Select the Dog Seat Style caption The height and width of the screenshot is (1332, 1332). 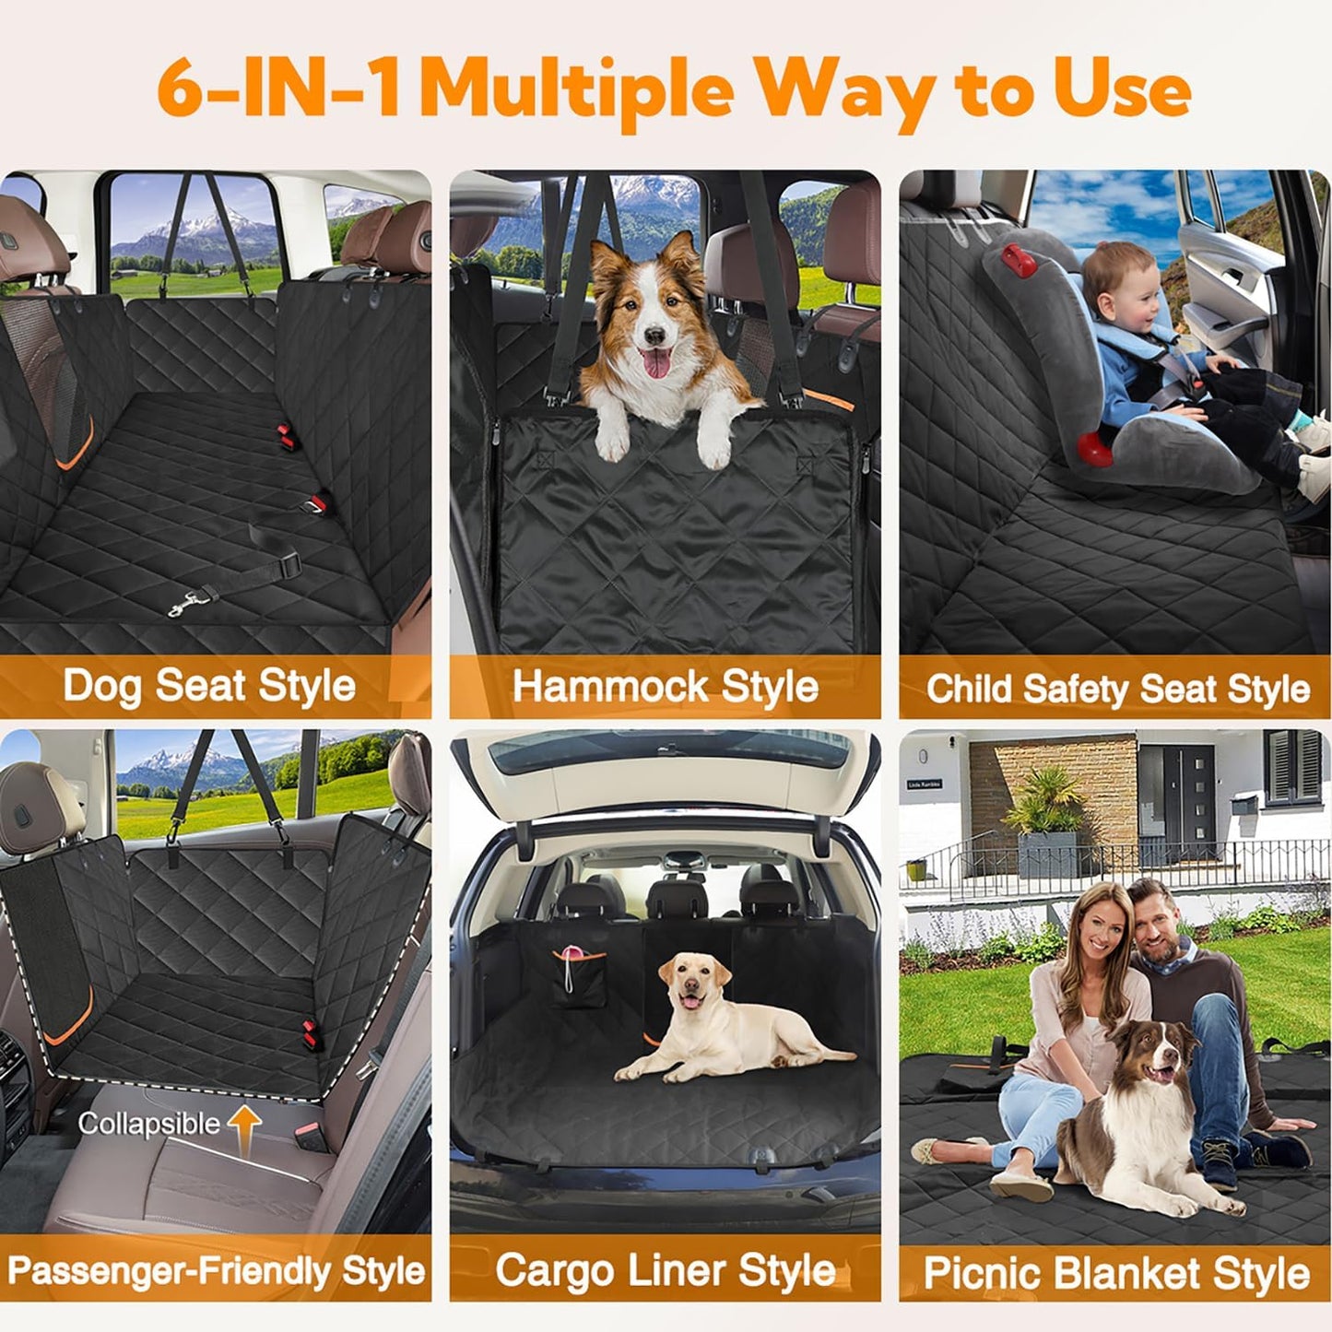tap(209, 687)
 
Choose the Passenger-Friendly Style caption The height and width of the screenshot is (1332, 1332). tap(216, 1271)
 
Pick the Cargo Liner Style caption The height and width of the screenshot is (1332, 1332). tap(665, 1271)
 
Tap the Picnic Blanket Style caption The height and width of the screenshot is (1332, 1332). tap(1116, 1274)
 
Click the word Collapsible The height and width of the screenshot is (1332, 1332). tap(148, 1124)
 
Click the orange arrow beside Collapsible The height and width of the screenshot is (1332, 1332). tap(245, 1128)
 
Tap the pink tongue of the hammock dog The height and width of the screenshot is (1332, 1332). tap(656, 363)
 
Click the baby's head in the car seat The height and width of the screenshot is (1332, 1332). tap(1118, 288)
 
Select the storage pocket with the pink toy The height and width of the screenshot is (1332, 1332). tap(578, 978)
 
